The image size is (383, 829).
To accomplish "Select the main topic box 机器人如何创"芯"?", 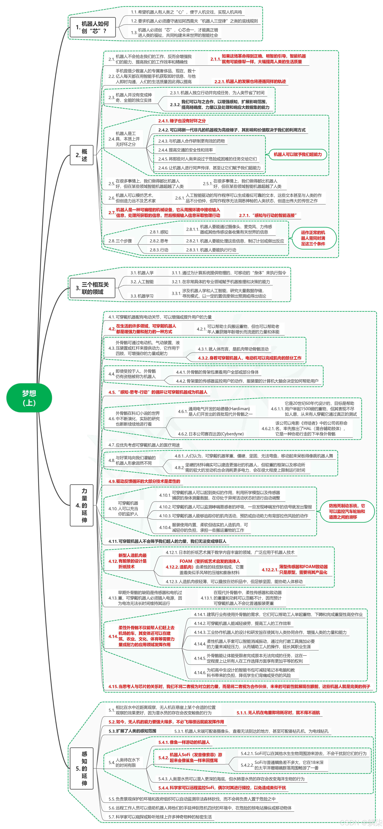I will coord(93,27).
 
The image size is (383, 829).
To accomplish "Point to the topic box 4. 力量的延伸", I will coord(82,505).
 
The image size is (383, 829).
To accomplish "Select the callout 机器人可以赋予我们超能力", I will coord(297,154).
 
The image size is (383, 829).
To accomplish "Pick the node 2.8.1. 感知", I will coord(159,232).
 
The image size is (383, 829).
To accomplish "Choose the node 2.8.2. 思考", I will coord(159,241).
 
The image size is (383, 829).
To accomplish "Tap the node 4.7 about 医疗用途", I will coord(144,445).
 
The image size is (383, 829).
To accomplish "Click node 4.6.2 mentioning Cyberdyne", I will coord(211,434).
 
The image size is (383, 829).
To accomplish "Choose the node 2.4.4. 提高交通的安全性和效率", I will coord(185,150).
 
